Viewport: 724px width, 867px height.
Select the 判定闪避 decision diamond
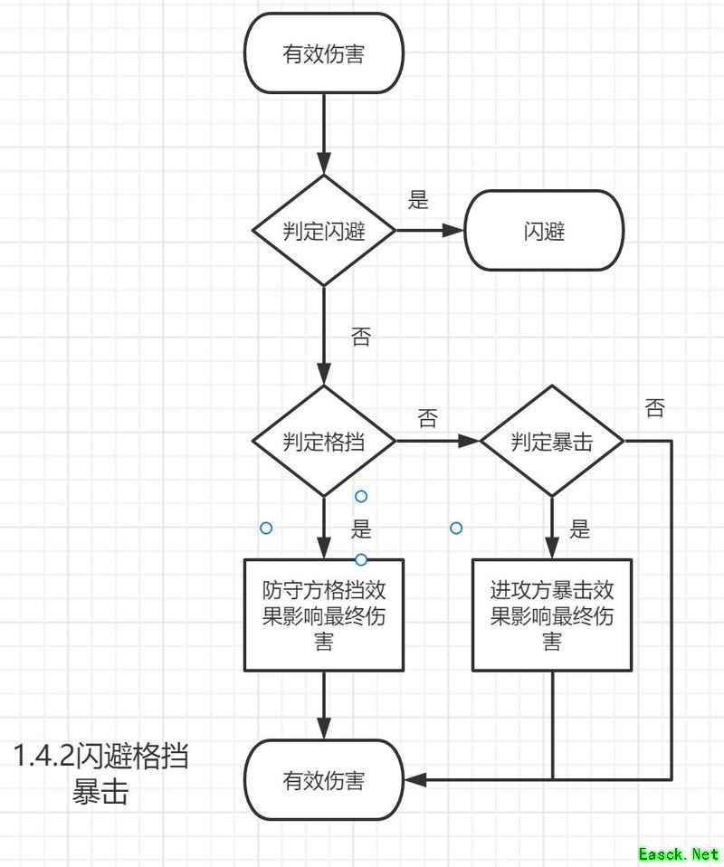tap(324, 230)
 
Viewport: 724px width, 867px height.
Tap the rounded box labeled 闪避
tap(544, 230)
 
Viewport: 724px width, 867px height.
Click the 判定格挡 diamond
tap(324, 442)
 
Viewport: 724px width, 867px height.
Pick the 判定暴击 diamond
tap(552, 442)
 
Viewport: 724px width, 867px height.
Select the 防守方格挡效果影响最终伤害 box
tap(324, 615)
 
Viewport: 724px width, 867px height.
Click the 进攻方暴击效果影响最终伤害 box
tap(552, 615)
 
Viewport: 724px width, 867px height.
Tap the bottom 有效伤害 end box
tap(324, 779)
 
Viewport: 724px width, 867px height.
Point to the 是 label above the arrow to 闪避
tap(418, 200)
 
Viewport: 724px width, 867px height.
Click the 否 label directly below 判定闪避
tap(360, 338)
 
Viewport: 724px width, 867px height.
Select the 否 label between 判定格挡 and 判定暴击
tap(427, 418)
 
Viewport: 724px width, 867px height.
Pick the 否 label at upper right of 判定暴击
tap(654, 408)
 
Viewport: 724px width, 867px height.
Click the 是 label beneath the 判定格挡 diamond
tap(361, 529)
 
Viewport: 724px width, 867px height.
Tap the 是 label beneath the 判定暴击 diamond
tap(580, 529)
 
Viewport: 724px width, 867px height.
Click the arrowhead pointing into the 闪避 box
tap(455, 230)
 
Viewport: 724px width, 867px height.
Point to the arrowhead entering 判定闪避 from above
tap(324, 165)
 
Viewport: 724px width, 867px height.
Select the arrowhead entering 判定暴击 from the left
tap(471, 442)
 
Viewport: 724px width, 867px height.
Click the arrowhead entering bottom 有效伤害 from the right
tap(414, 779)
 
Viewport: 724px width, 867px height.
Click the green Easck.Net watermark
tap(678, 853)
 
